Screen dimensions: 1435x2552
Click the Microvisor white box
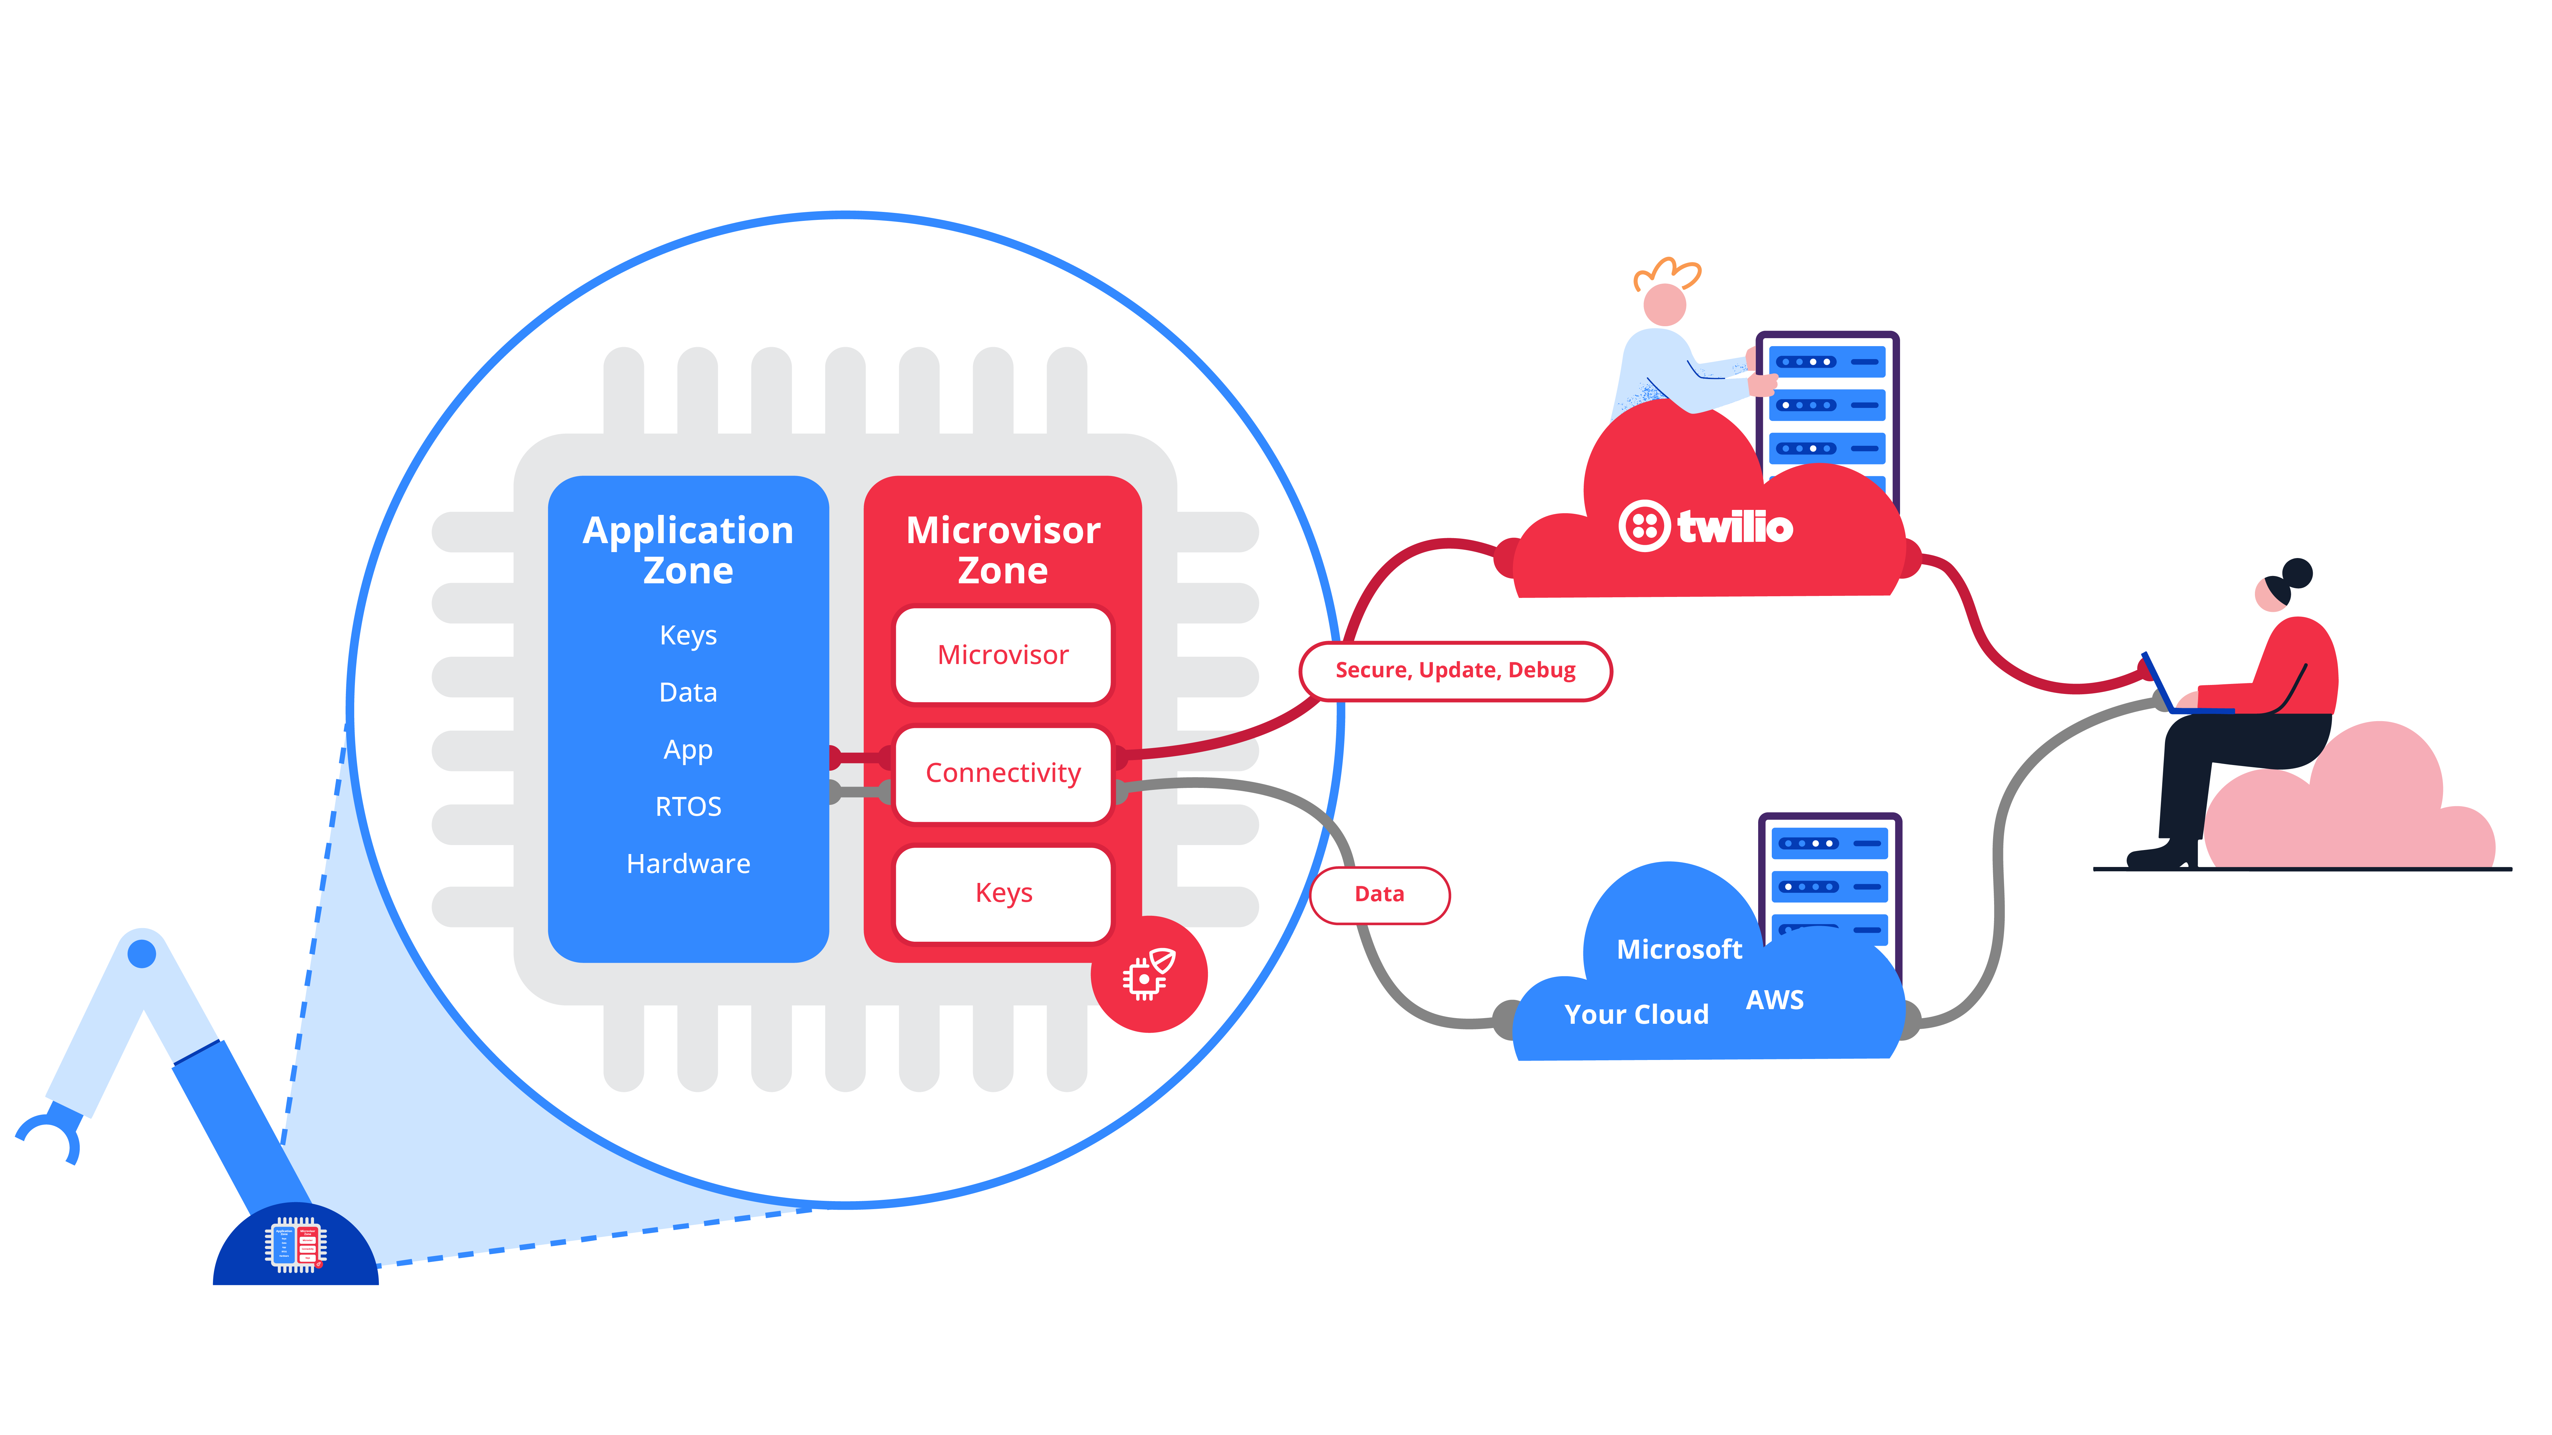(x=1003, y=655)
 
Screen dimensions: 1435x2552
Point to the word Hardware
(x=688, y=864)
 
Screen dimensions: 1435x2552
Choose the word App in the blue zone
(x=688, y=750)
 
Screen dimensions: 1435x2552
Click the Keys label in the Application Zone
(x=688, y=635)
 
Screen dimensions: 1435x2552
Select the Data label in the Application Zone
(x=688, y=692)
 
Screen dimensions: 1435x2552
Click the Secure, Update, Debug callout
(x=1454, y=670)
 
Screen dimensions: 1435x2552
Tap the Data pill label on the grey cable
(x=1379, y=894)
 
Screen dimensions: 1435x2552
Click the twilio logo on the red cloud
(x=1706, y=526)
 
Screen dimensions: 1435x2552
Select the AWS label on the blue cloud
(x=1774, y=1000)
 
